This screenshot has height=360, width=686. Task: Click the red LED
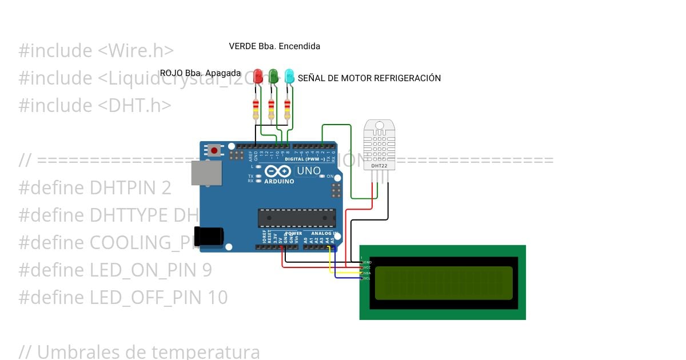[258, 75]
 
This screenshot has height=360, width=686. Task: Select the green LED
[274, 75]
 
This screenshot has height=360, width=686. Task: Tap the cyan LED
[289, 75]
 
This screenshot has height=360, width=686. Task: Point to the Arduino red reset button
[214, 151]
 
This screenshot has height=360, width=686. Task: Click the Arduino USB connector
[206, 173]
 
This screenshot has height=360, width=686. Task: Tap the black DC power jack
[208, 237]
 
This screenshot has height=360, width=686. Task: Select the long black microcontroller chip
[297, 217]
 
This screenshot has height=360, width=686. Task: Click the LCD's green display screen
[443, 283]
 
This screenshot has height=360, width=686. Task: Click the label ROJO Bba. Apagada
[200, 73]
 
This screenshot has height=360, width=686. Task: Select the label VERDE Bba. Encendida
[274, 46]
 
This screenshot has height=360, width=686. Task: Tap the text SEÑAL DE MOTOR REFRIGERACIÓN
[369, 78]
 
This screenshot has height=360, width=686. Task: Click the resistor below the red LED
[256, 109]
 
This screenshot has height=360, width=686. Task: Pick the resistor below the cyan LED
[288, 109]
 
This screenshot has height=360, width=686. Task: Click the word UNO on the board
[309, 171]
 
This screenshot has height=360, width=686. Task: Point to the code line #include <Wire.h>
[96, 51]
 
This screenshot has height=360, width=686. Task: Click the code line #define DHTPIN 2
[95, 188]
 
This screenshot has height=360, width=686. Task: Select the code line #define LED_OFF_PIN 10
[123, 298]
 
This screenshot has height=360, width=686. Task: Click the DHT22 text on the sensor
[379, 166]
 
